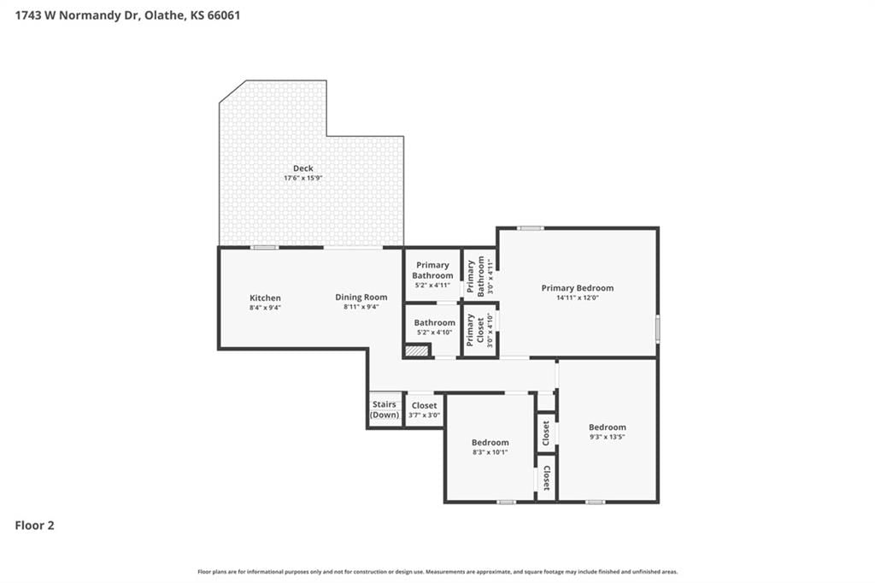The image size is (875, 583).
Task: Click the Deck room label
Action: point(303,168)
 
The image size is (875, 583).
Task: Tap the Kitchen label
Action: point(265,297)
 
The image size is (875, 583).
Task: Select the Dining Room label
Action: point(361,297)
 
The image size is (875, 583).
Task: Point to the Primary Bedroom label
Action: point(578,288)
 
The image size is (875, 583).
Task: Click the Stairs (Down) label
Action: point(385,409)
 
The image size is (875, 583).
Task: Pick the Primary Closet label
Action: point(475,329)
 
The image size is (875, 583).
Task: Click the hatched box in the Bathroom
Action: point(416,350)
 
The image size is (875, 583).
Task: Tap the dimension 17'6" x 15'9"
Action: point(303,178)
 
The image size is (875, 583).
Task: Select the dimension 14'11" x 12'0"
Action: point(578,298)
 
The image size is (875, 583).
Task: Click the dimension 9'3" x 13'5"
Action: point(608,438)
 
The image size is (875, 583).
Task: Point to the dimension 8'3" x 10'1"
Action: point(490,452)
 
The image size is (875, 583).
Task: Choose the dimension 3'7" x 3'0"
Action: point(424,415)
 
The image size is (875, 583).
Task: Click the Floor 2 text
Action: point(34,526)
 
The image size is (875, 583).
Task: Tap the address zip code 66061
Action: point(223,15)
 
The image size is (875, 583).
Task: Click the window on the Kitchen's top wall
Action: point(264,247)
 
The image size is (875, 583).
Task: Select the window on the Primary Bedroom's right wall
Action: point(658,328)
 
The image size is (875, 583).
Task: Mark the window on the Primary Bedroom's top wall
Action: point(530,228)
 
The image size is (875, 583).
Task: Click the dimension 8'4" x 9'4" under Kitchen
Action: point(265,308)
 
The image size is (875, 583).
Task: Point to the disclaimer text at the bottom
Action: point(437,572)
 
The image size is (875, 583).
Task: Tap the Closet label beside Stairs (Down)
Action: point(424,405)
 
